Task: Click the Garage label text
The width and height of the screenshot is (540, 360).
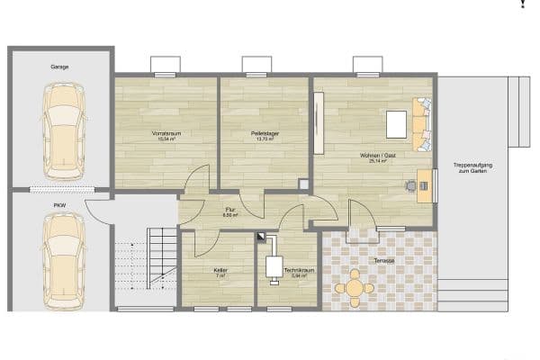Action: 60,67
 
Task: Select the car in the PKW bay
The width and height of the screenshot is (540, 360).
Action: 61,262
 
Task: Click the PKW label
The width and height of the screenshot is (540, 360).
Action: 60,205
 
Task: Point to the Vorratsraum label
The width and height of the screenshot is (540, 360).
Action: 166,134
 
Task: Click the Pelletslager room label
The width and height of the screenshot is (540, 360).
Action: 265,134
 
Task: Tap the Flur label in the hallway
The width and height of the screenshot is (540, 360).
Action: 229,211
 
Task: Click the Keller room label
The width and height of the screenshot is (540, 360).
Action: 220,270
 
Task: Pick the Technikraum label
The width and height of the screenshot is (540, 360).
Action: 296,270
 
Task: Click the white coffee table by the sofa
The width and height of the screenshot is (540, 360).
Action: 396,122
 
